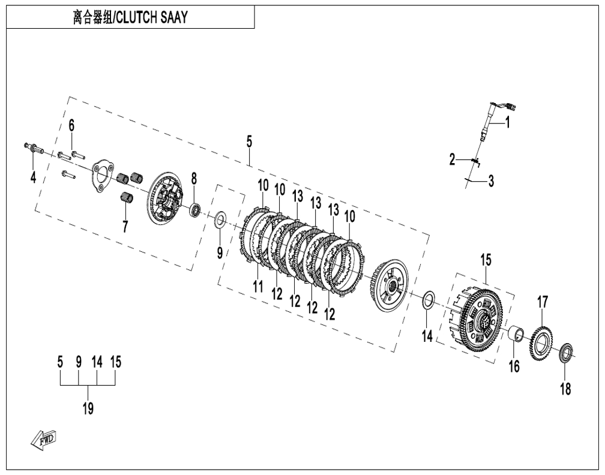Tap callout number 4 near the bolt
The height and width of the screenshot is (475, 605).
[x=34, y=178]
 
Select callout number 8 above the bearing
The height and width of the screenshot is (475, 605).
[x=194, y=179]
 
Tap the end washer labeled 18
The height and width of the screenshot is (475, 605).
[x=566, y=352]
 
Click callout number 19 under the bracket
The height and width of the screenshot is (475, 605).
[x=88, y=408]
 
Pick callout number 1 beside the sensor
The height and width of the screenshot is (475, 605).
[x=508, y=122]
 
